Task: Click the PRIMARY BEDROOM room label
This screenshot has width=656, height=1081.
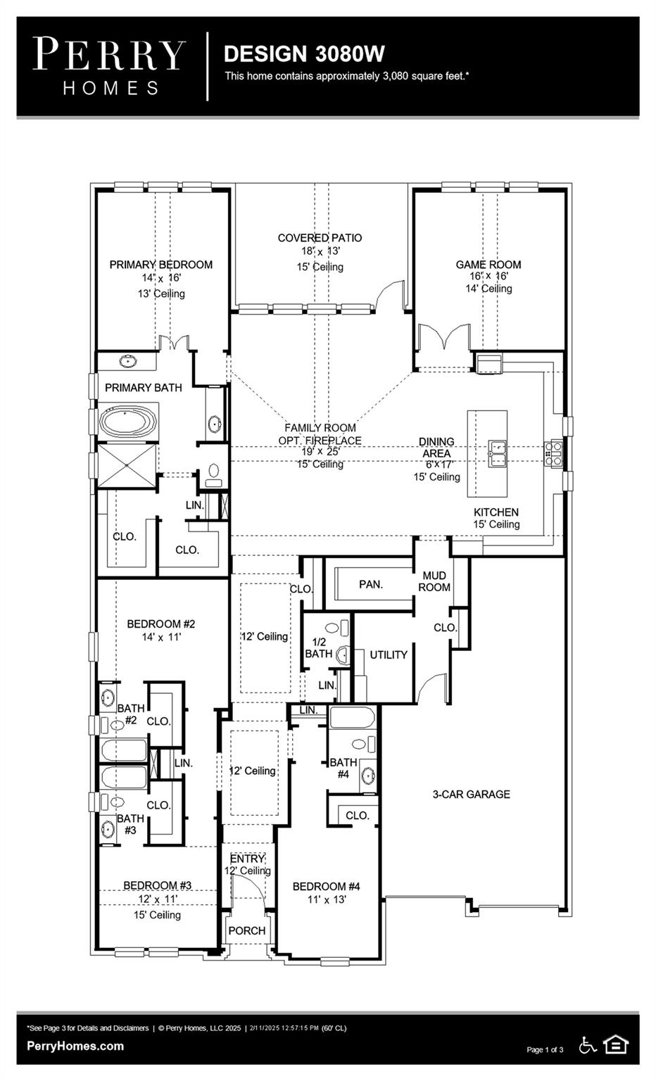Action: [160, 265]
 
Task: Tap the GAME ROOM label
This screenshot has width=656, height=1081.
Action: [488, 265]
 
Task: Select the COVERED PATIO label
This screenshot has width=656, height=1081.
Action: [320, 238]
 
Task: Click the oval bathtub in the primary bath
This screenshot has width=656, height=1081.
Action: [127, 422]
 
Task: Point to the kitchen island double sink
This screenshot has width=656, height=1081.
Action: [499, 453]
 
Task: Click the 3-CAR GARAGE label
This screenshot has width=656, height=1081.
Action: [471, 794]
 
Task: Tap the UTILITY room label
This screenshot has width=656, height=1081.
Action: [389, 655]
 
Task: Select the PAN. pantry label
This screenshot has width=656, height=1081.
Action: [371, 584]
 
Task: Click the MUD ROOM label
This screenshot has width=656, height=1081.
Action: [434, 581]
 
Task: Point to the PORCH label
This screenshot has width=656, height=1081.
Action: [247, 930]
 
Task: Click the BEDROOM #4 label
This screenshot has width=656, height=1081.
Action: [326, 886]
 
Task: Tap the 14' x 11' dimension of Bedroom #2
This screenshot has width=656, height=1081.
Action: [161, 637]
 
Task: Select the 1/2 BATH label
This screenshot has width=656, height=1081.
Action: [319, 647]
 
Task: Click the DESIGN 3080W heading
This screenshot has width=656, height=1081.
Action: [304, 53]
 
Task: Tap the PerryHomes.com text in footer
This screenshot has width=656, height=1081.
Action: [75, 1046]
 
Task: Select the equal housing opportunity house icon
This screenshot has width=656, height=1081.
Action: [616, 1045]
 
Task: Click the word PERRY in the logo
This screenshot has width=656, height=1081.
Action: [109, 55]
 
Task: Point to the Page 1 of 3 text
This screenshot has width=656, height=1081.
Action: [545, 1050]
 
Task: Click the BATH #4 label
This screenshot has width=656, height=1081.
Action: [343, 768]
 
